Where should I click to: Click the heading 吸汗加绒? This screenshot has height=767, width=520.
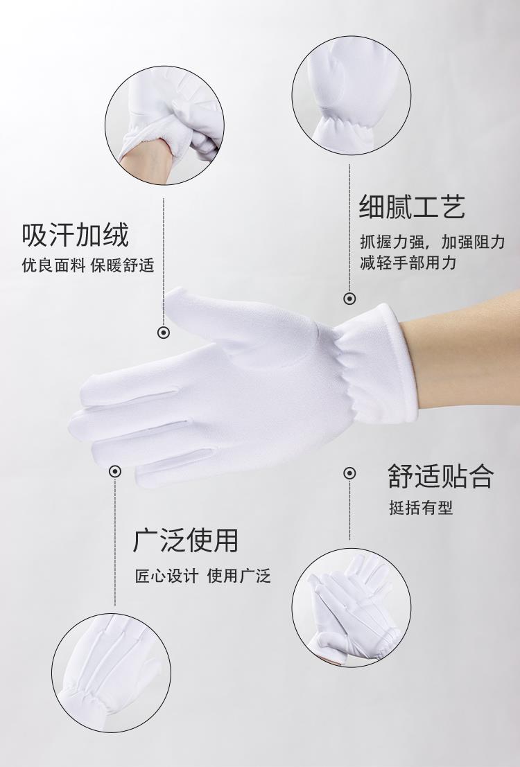point(76,235)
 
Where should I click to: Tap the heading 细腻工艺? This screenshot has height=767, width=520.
point(413,206)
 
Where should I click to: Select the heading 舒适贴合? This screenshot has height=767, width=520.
point(441,476)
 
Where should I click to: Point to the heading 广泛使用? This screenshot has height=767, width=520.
point(186,540)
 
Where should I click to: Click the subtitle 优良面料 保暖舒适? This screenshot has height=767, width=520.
point(88,265)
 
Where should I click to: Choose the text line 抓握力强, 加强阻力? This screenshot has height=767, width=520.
point(433,242)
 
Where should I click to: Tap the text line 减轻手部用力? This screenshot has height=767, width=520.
point(408,262)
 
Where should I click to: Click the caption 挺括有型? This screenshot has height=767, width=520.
point(421,508)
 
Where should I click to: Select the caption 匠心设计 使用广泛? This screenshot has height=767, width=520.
point(202,576)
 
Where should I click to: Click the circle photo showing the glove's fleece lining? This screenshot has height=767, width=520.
point(164,125)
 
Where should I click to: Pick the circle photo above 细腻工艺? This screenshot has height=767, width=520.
point(352,96)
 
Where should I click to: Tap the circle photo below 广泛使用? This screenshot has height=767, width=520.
point(112,673)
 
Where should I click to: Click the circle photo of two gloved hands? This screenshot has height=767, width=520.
point(352,608)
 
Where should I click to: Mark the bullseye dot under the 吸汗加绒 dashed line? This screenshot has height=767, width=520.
point(164,333)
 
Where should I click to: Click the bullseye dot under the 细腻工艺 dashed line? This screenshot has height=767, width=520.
point(349,299)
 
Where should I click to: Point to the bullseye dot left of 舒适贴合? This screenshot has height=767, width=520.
point(349,473)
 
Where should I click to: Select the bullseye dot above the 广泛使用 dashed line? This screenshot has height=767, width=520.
point(115,472)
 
